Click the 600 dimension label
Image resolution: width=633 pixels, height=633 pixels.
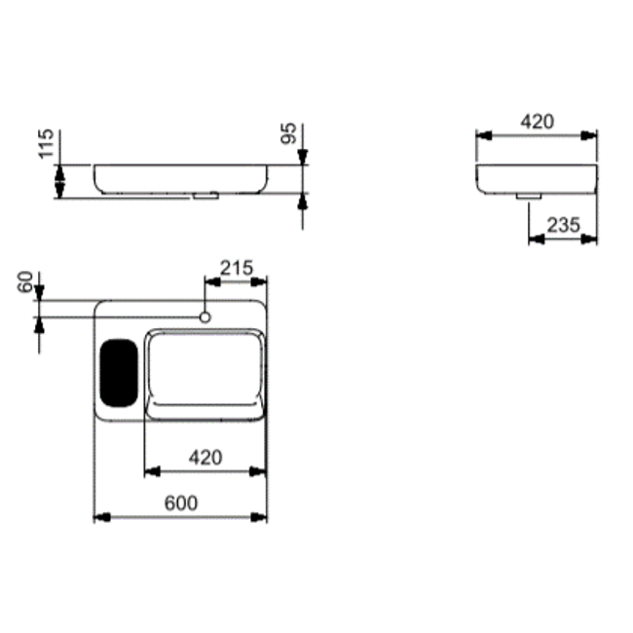[x=181, y=503]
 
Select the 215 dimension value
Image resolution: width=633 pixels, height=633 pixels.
[x=237, y=268]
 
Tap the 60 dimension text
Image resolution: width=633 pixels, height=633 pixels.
[x=25, y=281]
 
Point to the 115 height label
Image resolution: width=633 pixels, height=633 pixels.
[x=46, y=144]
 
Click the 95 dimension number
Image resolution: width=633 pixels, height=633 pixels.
[x=288, y=133]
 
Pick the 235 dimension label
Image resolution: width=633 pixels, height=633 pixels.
[x=563, y=225]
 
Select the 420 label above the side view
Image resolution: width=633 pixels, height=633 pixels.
[x=537, y=122]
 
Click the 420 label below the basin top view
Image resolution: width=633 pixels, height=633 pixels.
[x=205, y=458]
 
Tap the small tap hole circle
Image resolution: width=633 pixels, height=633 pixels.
[x=205, y=317]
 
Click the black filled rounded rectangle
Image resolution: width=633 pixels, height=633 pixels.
[x=119, y=373]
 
